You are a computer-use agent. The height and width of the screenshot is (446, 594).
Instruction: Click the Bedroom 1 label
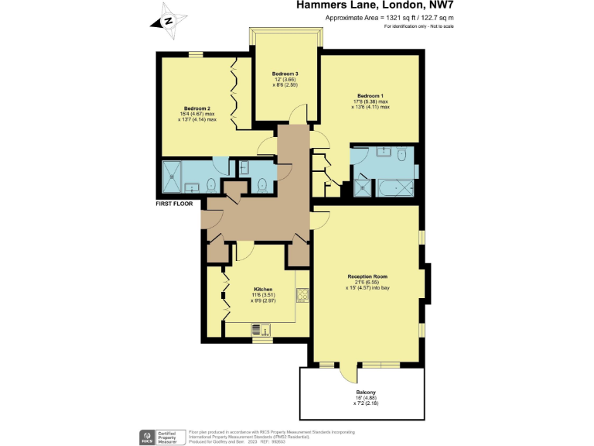tap(370, 95)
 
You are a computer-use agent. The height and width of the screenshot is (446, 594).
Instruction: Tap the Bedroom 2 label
tap(196, 108)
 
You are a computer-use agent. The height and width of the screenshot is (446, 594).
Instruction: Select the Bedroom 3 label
tap(285, 74)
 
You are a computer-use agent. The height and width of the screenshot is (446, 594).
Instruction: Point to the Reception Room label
tap(367, 276)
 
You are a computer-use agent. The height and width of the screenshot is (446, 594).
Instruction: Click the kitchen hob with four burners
tap(302, 294)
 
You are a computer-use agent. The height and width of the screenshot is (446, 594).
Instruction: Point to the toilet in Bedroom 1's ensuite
tap(401, 155)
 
